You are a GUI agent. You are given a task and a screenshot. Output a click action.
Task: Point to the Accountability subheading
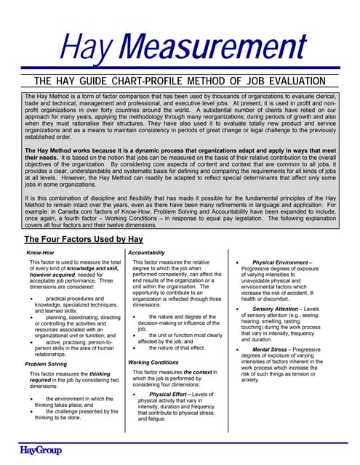pyautogui.click(x=151, y=252)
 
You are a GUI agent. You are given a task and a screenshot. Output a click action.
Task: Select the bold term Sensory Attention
pyautogui.click(x=283, y=309)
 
